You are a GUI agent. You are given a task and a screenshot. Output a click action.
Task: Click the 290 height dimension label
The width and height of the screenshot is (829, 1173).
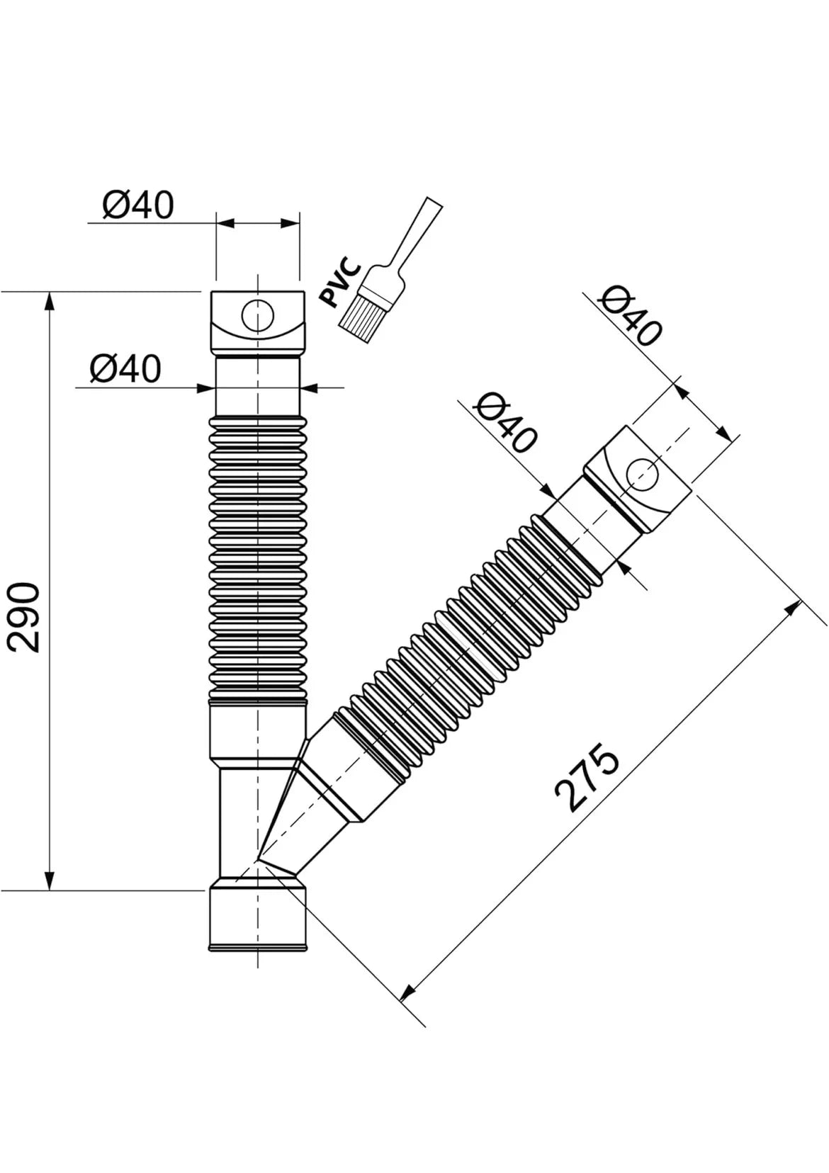click(25, 618)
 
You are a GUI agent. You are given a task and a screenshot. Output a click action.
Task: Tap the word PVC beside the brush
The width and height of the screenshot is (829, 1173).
click(341, 282)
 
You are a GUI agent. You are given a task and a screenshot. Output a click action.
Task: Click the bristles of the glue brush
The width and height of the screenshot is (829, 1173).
click(362, 317)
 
